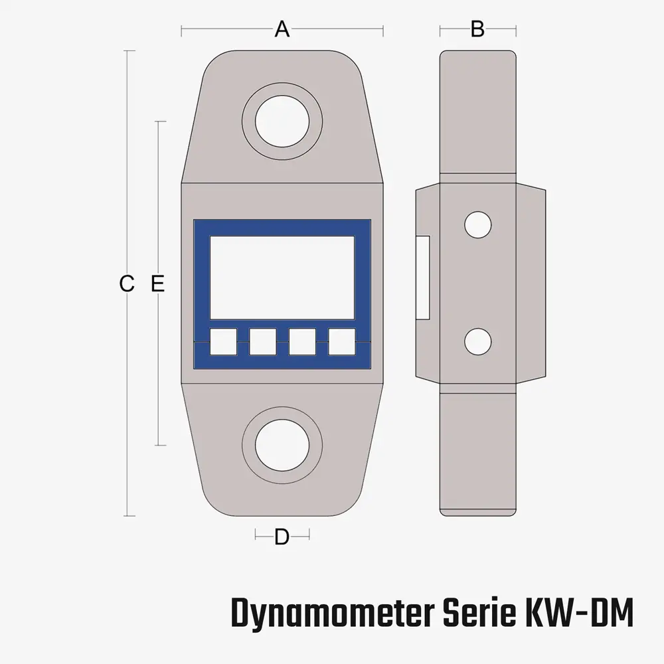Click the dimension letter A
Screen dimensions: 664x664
282,29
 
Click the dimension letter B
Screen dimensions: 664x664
477,29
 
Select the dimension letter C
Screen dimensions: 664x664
127,284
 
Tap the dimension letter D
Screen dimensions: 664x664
282,537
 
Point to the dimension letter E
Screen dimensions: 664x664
157,284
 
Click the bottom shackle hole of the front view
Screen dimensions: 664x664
282,445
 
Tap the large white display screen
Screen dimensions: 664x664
282,278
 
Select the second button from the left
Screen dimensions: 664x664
263,342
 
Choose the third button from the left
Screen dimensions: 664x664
302,342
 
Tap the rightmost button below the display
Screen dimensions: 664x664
342,342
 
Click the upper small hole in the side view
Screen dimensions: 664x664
477,224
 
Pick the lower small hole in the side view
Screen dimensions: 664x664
477,342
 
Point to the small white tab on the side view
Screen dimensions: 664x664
423,278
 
